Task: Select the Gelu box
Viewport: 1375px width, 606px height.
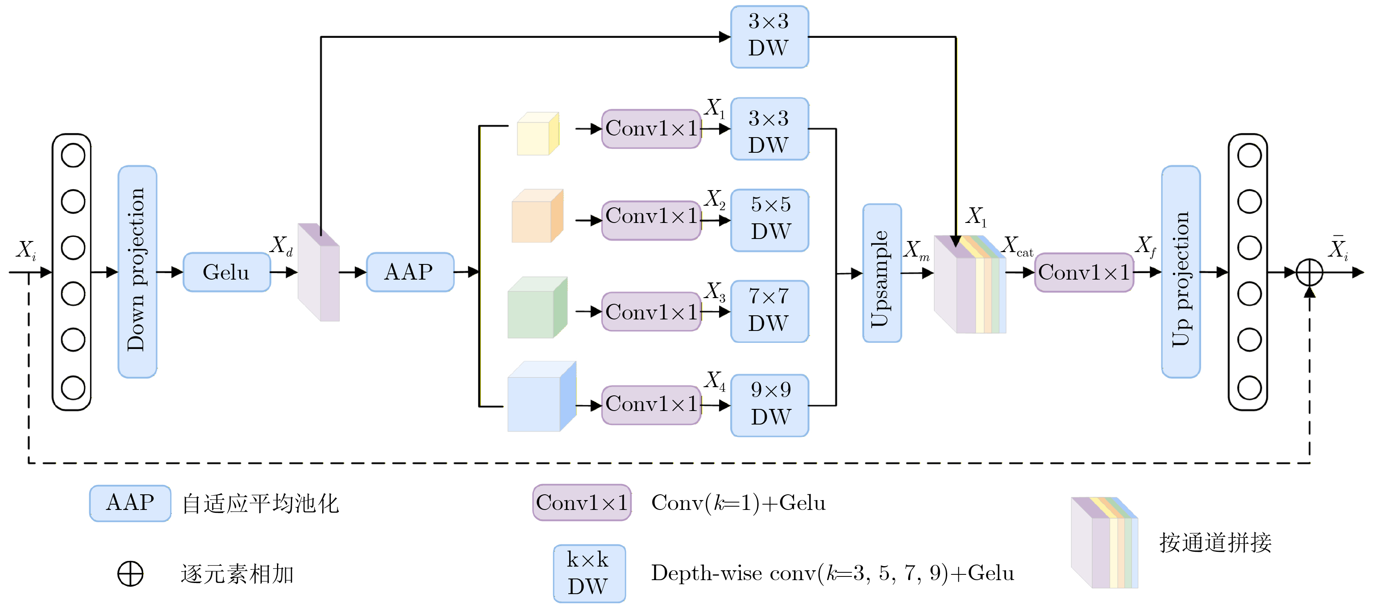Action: [x=226, y=272]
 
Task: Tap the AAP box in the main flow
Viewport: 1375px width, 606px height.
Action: [x=409, y=272]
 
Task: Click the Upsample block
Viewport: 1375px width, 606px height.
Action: [x=882, y=273]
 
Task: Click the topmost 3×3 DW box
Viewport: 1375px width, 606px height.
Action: [x=769, y=36]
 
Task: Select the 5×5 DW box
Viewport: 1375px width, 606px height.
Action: [x=769, y=220]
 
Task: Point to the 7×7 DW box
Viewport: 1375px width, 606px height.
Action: [x=769, y=311]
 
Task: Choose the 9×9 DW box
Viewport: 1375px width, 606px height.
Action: [x=769, y=405]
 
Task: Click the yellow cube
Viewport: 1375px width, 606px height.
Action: [x=537, y=134]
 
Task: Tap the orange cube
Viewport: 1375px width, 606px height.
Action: [x=536, y=216]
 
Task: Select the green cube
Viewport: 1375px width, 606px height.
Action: [x=536, y=308]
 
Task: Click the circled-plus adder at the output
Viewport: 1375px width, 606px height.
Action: [x=1309, y=272]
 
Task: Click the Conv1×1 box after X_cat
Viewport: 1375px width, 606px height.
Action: [x=1084, y=273]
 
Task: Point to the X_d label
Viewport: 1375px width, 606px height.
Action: [x=281, y=246]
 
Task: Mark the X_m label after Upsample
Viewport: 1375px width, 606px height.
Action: [x=916, y=250]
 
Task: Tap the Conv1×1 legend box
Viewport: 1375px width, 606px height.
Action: [x=582, y=503]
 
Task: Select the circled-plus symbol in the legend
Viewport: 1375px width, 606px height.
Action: [x=130, y=574]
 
